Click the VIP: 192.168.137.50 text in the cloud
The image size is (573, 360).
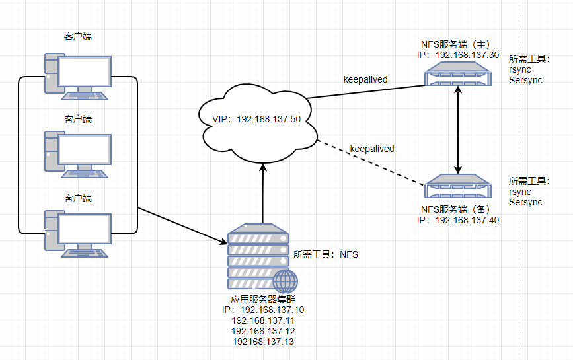tap(256, 119)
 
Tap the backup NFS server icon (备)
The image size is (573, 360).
tap(459, 187)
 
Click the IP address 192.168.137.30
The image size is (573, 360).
tap(467, 55)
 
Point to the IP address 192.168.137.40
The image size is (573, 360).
tap(467, 220)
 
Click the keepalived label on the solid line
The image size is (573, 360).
tap(365, 79)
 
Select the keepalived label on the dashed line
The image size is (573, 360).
tap(371, 149)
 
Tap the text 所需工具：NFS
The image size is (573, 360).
tap(325, 254)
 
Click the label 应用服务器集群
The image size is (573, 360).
tap(262, 300)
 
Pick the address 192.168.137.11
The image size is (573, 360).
tap(262, 320)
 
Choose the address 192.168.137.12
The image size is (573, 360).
tap(262, 331)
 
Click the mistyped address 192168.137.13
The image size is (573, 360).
tap(262, 342)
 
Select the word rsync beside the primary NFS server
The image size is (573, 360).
tap(520, 69)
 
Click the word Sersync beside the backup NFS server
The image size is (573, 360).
tap(525, 202)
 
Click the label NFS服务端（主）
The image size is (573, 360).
tap(459, 45)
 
